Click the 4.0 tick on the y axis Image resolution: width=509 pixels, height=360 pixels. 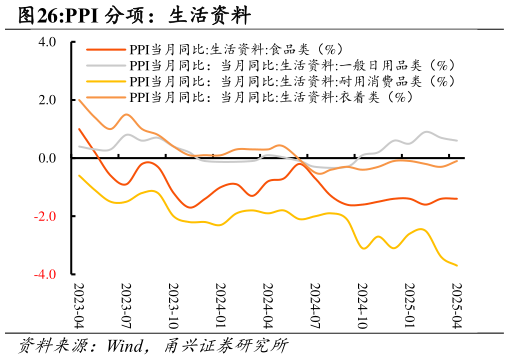coord(47,43)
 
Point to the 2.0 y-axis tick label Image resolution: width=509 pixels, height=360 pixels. coord(47,100)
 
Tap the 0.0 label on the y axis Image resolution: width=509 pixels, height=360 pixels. coord(47,158)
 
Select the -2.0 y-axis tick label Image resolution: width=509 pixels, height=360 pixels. coord(45,216)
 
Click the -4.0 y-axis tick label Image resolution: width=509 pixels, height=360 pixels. coord(45,274)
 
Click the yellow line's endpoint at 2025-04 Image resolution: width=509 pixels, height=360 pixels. coord(457,265)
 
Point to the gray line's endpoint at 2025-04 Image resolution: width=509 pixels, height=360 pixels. coord(457,141)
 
